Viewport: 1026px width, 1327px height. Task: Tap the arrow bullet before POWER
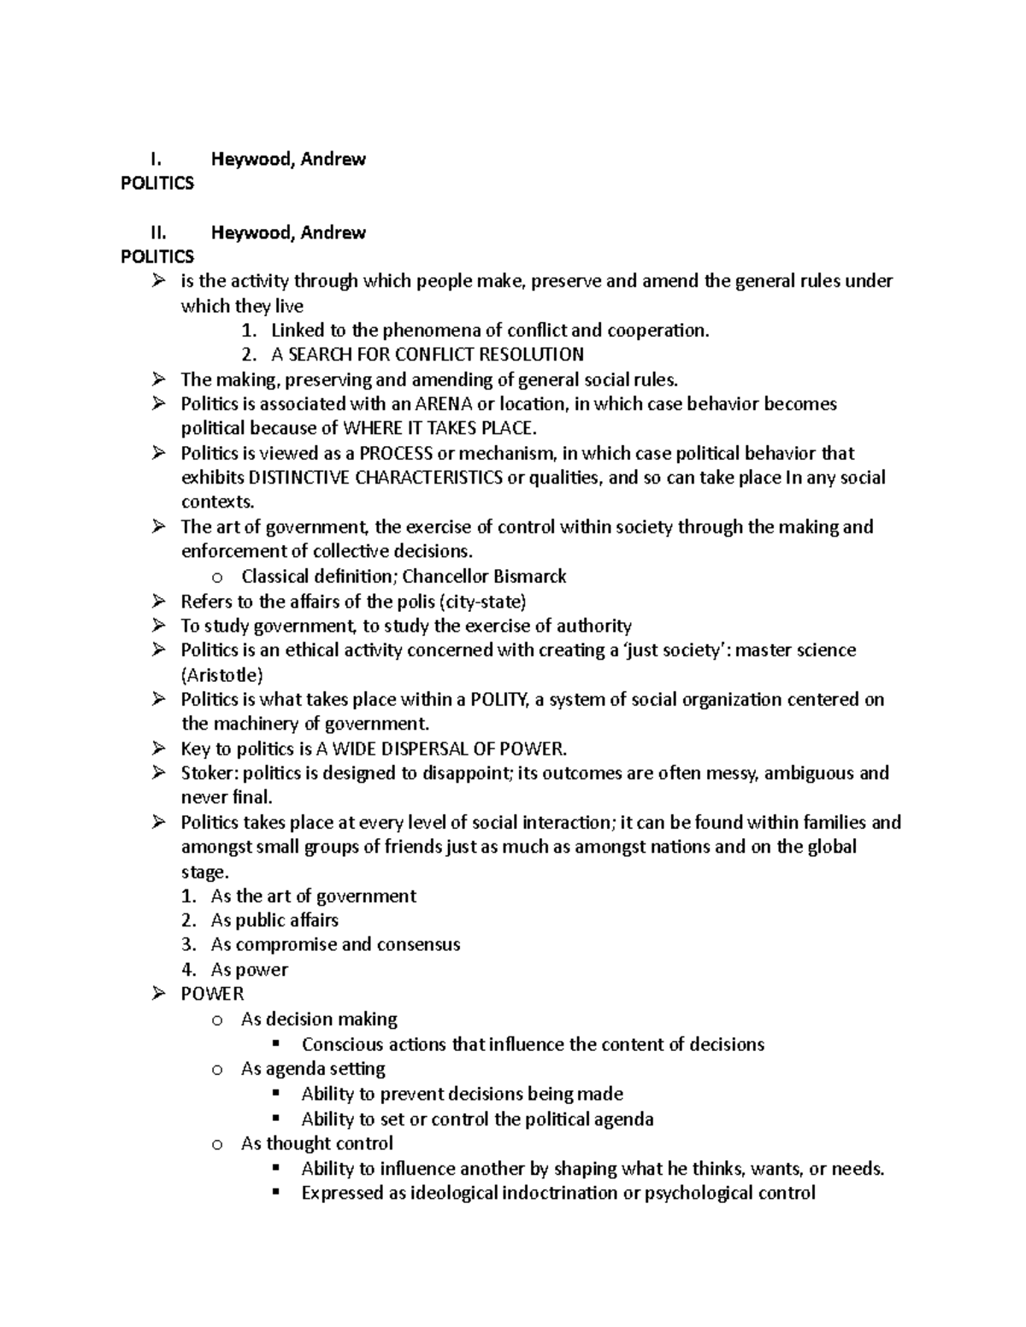[x=158, y=994]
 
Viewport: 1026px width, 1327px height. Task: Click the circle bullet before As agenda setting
[x=218, y=1069]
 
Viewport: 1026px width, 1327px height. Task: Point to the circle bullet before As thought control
[x=218, y=1144]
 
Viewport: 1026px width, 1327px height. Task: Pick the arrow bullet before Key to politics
[x=158, y=749]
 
